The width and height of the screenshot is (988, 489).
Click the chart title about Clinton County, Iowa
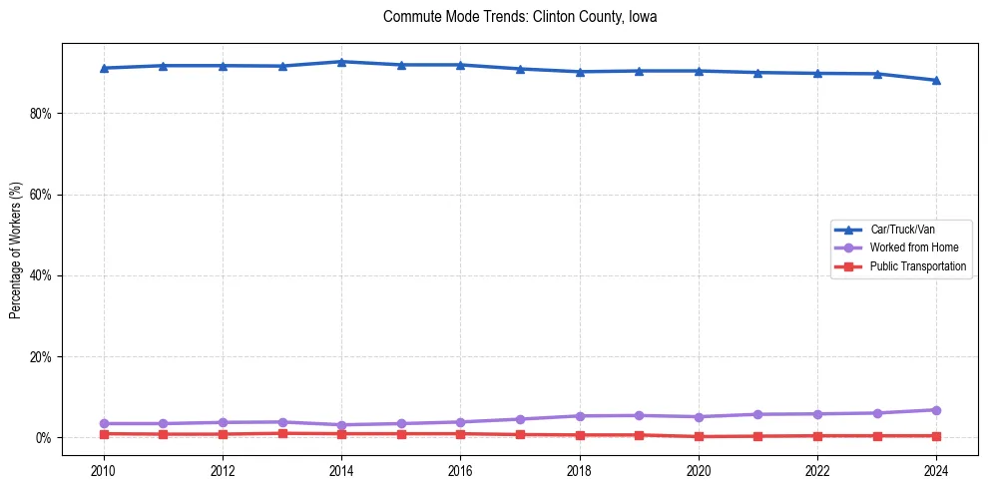520,17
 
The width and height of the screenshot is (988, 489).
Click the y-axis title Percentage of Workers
16,249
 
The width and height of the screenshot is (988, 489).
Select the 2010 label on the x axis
104,470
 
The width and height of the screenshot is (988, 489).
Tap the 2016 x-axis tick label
461,470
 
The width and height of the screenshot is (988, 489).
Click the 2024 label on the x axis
936,470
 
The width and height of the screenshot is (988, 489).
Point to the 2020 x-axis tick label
699,470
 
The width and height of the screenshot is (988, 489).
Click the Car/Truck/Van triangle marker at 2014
341,62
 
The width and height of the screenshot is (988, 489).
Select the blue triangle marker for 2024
936,81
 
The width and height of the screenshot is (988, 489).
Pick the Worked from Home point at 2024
936,410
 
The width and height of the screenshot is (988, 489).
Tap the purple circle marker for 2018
580,416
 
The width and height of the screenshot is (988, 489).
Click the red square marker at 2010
104,434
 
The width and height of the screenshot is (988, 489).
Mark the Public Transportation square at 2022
817,436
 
